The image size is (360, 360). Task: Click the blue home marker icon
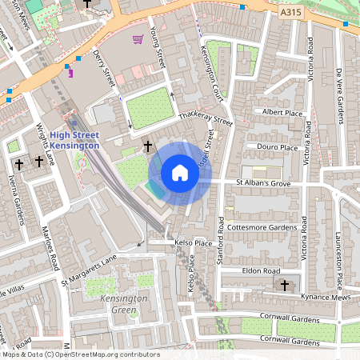[180, 173]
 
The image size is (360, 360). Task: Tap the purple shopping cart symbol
[138, 38]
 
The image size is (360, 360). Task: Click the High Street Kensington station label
[74, 140]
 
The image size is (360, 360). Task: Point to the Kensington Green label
[124, 303]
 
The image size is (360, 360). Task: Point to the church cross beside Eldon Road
[285, 285]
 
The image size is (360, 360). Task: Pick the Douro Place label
[278, 147]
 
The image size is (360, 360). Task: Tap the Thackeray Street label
[205, 118]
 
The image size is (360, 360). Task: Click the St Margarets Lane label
[89, 270]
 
